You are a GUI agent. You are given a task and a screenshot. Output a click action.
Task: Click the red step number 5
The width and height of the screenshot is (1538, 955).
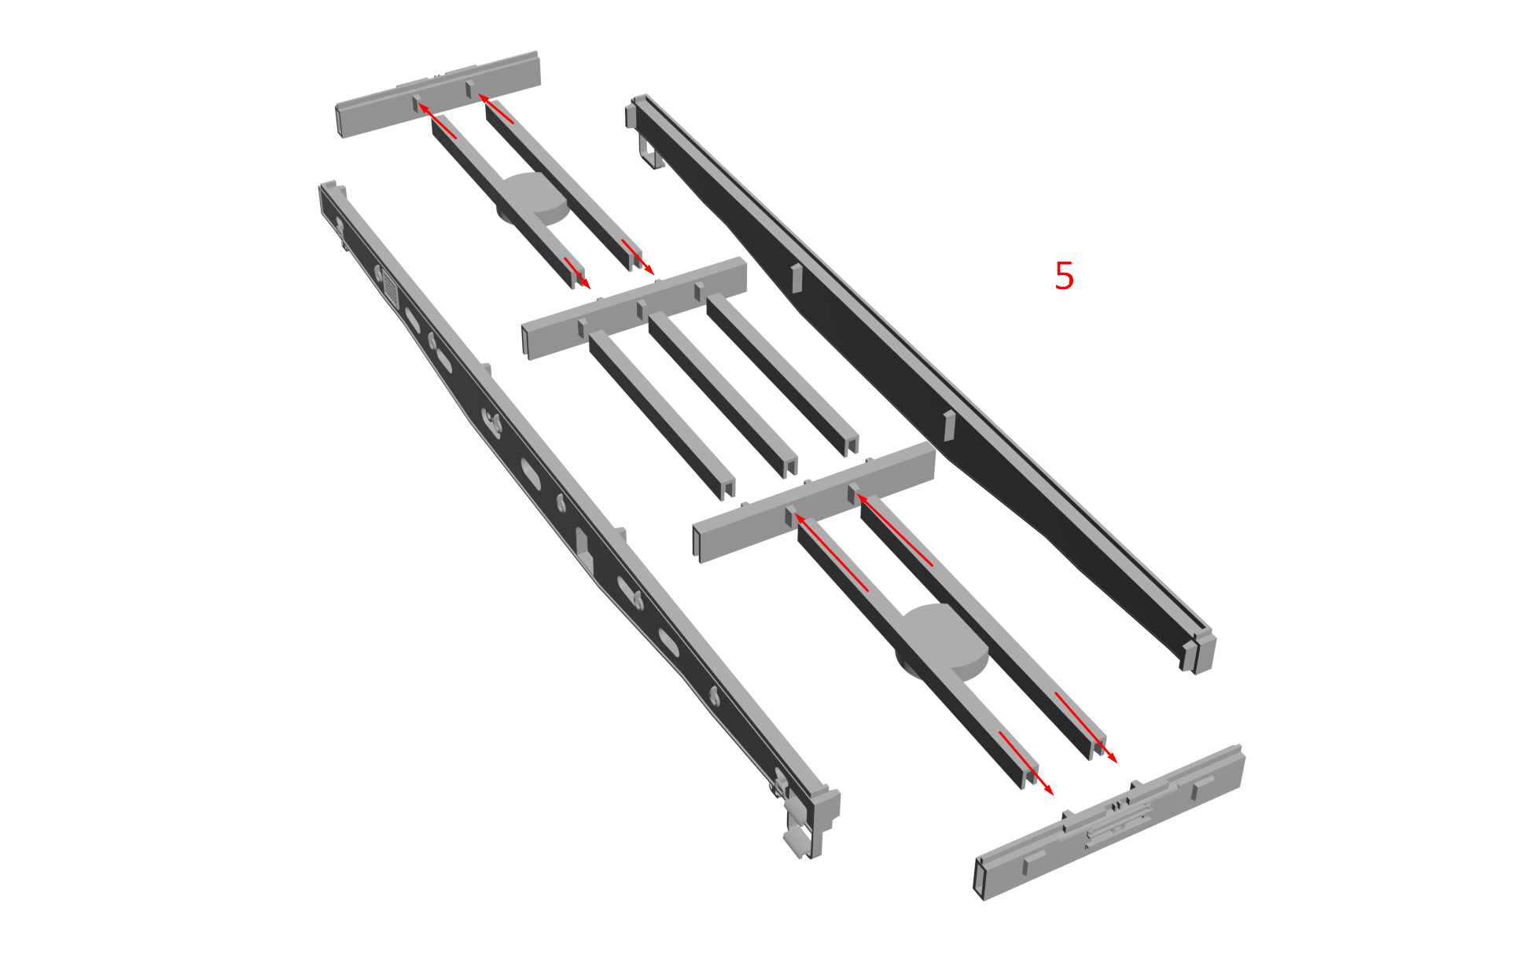click(x=1064, y=276)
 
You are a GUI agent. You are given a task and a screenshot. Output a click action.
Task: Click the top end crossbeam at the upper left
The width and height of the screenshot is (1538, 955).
click(x=439, y=94)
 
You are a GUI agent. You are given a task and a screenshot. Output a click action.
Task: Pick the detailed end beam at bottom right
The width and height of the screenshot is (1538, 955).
click(x=1109, y=822)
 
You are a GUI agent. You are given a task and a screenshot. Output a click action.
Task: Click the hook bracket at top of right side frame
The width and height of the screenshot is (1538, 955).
click(x=649, y=152)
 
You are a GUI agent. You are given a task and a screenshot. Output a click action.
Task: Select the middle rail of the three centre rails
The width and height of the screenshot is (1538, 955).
click(x=723, y=394)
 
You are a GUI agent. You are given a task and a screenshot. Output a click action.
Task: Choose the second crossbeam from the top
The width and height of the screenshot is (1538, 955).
click(x=634, y=308)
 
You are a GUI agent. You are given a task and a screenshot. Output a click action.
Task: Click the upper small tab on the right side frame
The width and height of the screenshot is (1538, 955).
click(x=797, y=278)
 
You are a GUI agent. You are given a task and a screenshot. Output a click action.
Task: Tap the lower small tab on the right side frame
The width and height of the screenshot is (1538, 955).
click(x=949, y=424)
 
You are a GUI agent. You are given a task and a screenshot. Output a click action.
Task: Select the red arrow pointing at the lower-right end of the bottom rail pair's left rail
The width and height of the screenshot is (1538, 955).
click(x=1026, y=763)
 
